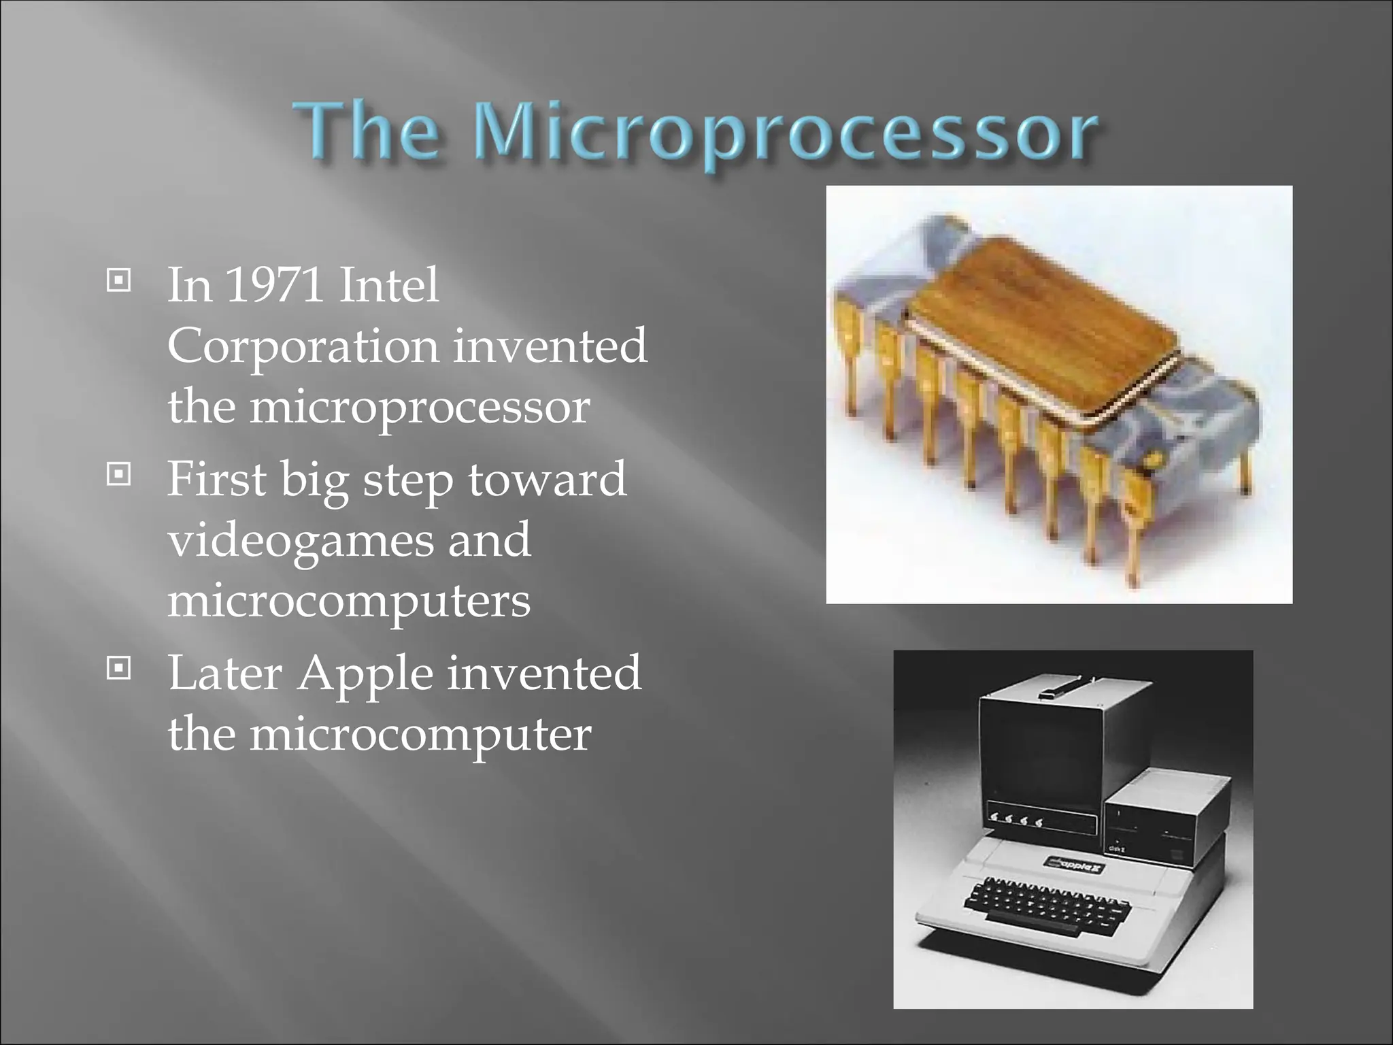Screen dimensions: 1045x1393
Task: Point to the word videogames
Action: coord(299,541)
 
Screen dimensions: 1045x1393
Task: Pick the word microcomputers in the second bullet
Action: coord(348,601)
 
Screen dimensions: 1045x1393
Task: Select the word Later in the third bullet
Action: coord(224,674)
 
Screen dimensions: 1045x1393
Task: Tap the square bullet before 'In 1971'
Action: coord(118,280)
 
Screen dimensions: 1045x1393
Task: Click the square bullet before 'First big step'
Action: coord(118,474)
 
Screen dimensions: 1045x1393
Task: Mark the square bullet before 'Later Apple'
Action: coord(118,669)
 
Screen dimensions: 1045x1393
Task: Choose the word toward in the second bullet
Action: coord(547,479)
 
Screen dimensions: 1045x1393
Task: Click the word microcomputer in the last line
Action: coord(420,735)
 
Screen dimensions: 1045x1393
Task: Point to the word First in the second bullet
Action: coord(216,479)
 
